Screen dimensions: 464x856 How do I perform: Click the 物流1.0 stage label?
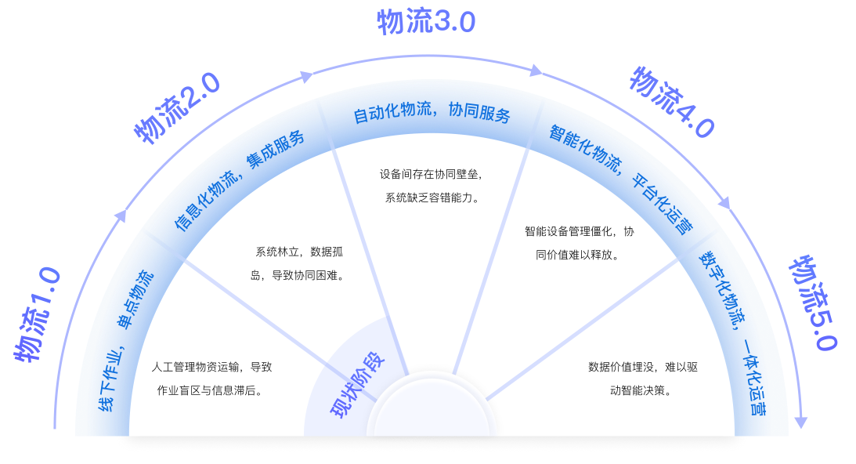38,316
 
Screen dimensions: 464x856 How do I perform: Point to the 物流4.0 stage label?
672,103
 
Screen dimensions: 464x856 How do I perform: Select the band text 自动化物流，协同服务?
432,114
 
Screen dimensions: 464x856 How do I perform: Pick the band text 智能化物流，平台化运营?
619,179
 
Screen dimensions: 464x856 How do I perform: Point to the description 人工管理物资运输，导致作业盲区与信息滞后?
211,379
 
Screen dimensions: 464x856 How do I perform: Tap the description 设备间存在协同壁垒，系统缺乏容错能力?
432,186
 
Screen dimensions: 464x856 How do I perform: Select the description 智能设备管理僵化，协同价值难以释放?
579,243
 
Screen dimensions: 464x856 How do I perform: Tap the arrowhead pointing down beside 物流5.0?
800,423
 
